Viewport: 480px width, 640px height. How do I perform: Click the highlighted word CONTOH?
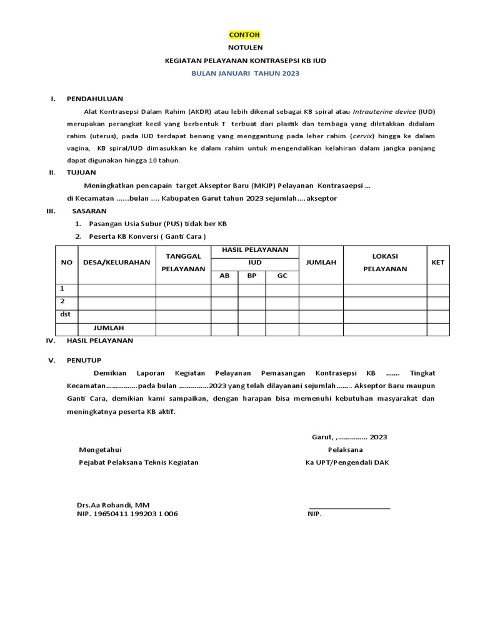pos(244,35)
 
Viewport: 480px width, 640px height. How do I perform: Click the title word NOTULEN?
pos(244,47)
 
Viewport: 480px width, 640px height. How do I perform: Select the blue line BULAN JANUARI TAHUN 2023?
pos(245,73)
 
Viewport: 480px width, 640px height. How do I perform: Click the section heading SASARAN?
pos(89,211)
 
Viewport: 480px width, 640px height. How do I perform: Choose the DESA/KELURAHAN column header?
pos(116,262)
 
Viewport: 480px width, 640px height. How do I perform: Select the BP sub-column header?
pos(251,276)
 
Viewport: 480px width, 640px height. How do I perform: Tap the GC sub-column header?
pos(282,276)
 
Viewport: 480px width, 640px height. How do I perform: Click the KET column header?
pos(437,262)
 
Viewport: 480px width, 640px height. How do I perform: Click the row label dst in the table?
pos(65,315)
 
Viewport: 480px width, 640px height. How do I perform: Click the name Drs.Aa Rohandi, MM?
pos(113,504)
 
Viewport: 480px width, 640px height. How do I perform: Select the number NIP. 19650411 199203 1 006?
pos(127,514)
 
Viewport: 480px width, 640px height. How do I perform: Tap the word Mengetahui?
pos(100,449)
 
